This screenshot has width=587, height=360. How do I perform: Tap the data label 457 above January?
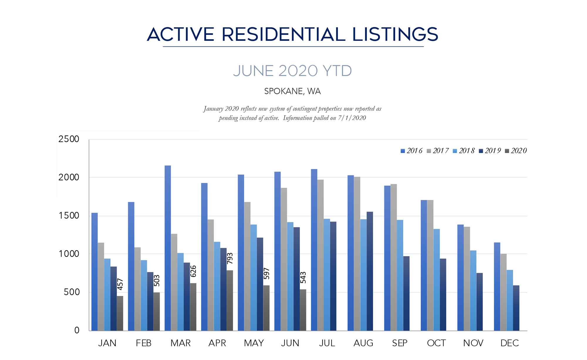120,284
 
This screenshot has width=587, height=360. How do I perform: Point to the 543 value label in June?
303,277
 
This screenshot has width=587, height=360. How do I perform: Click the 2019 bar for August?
370,271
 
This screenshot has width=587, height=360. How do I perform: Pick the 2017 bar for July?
321,255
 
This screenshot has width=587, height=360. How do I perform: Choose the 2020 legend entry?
516,151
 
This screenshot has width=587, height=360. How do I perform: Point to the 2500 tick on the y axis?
69,139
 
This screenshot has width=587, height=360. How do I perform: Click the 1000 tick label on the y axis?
69,254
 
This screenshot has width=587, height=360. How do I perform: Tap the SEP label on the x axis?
399,343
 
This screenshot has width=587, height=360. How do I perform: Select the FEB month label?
144,343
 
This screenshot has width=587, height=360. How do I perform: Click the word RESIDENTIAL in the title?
283,34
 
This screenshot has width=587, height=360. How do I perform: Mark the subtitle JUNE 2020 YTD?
292,71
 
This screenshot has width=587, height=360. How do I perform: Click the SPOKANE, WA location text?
292,91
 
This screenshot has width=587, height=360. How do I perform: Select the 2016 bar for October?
424,265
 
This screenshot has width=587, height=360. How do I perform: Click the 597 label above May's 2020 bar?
266,273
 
